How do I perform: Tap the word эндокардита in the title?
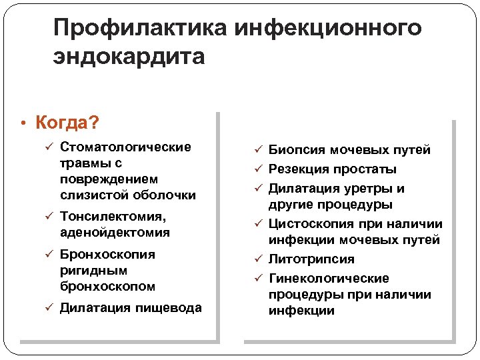129,57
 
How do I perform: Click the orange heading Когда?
68,123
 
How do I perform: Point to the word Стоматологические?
125,147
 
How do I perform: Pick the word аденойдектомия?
115,233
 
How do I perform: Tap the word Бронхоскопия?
107,254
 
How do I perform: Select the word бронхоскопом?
108,286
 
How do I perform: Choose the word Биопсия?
295,150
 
